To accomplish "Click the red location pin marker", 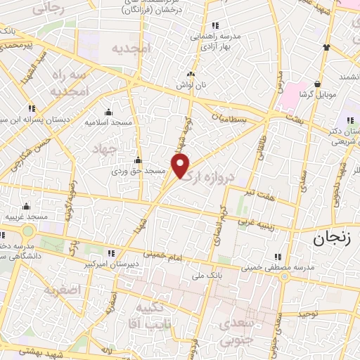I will (181, 167).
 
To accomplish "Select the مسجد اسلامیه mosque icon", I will (108, 112).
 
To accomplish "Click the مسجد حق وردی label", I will (139, 171).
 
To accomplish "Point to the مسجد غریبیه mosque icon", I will (26, 207).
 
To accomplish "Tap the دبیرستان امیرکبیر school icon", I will (110, 254).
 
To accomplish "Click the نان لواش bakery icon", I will (190, 74).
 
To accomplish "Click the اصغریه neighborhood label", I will (62, 290).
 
